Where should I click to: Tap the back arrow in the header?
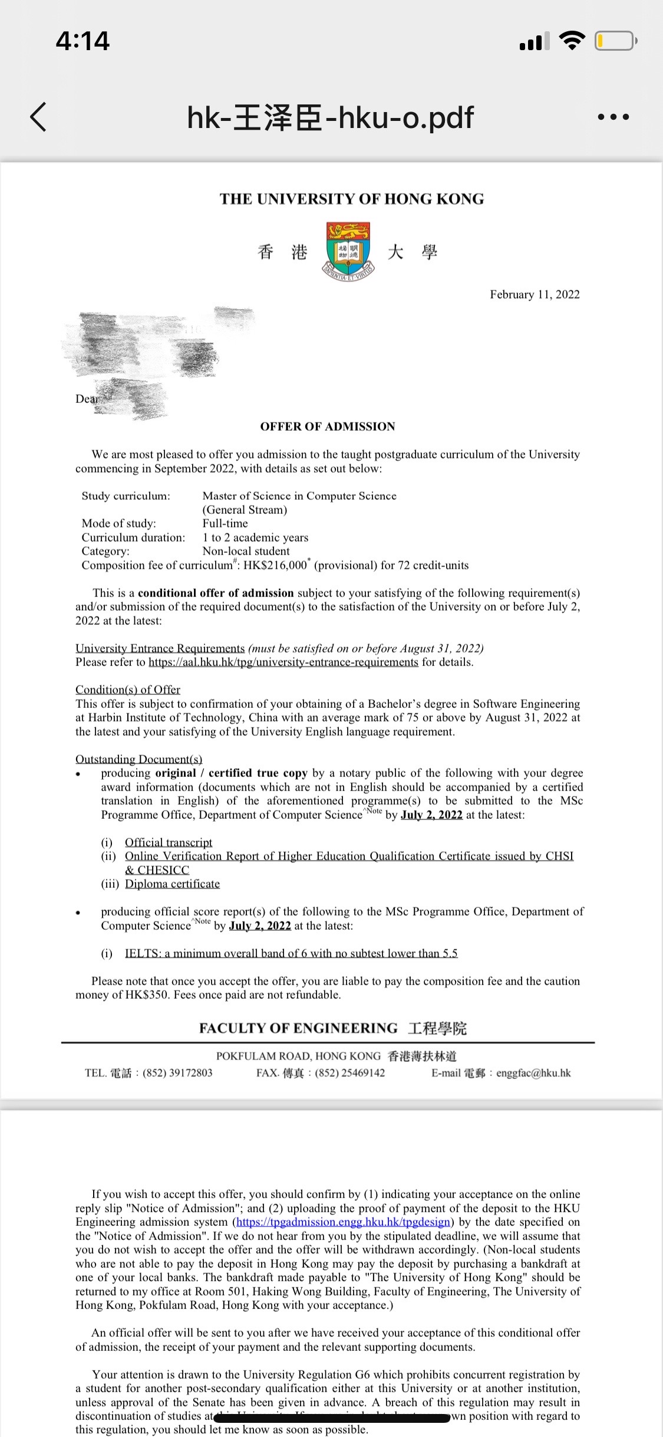click(38, 116)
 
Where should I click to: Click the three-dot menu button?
click(613, 117)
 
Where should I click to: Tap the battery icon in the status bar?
click(615, 41)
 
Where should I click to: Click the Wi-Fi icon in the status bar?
click(571, 41)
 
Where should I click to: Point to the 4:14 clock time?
click(83, 41)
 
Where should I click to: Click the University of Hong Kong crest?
click(348, 250)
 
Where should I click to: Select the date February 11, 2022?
click(535, 294)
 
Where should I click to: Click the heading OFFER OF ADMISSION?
click(328, 426)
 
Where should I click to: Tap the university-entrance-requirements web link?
click(283, 662)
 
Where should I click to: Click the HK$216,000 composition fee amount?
click(275, 565)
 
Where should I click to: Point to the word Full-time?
click(225, 523)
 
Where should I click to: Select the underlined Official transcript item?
click(169, 842)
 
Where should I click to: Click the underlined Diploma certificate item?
click(172, 884)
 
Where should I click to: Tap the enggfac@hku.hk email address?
click(533, 1073)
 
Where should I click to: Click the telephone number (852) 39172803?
click(177, 1073)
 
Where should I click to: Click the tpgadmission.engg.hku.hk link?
click(344, 1222)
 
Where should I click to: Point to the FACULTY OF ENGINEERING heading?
click(298, 1028)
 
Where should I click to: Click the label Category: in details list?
click(105, 551)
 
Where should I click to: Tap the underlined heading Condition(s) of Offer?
click(128, 690)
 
